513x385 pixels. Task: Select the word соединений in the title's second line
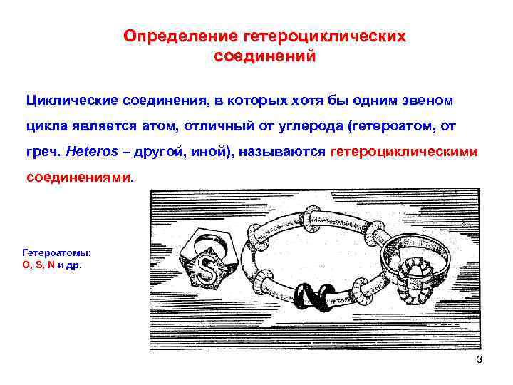[x=264, y=56]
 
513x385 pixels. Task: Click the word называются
[x=285, y=152]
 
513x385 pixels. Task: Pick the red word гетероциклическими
[x=405, y=152]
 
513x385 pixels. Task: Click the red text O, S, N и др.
[x=52, y=265]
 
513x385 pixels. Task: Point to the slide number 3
[x=480, y=359]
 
